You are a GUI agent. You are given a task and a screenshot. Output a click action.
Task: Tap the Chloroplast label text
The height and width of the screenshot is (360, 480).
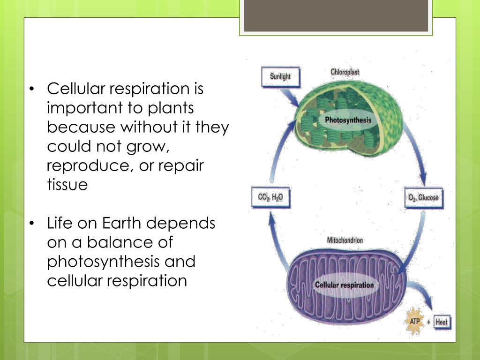(345, 72)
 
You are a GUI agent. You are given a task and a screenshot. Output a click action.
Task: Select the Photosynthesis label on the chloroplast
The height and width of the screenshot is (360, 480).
(348, 120)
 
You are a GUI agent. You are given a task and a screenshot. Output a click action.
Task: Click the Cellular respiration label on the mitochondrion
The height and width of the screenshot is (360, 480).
(345, 285)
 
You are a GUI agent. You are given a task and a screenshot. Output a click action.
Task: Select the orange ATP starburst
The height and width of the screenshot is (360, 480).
(415, 322)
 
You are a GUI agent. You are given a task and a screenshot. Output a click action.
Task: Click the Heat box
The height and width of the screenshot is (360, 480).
(442, 322)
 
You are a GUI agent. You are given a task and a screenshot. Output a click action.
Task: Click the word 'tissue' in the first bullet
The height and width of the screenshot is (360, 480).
(67, 185)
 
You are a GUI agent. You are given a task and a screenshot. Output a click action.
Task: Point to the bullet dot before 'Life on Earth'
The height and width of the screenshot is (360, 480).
(31, 224)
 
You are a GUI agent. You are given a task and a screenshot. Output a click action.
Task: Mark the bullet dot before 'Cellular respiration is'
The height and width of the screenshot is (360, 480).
(31, 89)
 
